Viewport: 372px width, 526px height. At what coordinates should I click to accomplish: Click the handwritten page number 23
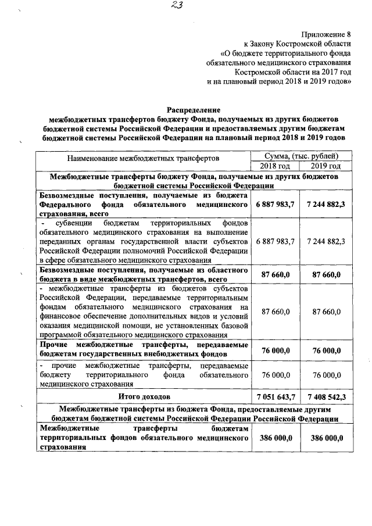[x=188, y=6]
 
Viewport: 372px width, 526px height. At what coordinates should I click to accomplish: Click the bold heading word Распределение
[x=194, y=109]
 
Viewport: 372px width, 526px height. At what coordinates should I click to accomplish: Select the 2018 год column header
[x=274, y=166]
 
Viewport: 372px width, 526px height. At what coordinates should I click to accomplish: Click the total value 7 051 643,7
[x=275, y=396]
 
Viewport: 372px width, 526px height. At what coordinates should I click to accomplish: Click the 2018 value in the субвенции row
[x=275, y=241]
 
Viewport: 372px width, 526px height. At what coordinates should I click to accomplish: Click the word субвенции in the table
[x=77, y=223]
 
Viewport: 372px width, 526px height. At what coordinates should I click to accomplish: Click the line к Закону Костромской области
[x=297, y=44]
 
